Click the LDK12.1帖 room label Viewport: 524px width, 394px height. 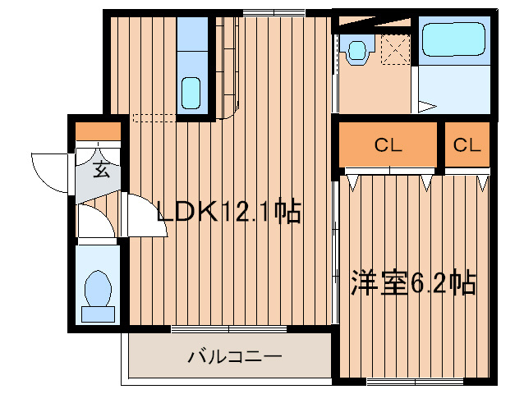(x=229, y=213)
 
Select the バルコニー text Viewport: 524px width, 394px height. (x=234, y=357)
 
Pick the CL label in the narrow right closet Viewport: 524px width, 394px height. (x=466, y=147)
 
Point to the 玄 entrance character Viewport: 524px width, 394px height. (x=100, y=171)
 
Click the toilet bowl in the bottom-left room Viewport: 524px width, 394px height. (x=98, y=289)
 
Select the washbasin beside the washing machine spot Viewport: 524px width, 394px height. (x=358, y=50)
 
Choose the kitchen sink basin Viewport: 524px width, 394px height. (x=191, y=89)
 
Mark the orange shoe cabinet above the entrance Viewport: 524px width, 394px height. (x=98, y=131)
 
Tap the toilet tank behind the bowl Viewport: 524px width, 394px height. (x=98, y=314)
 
